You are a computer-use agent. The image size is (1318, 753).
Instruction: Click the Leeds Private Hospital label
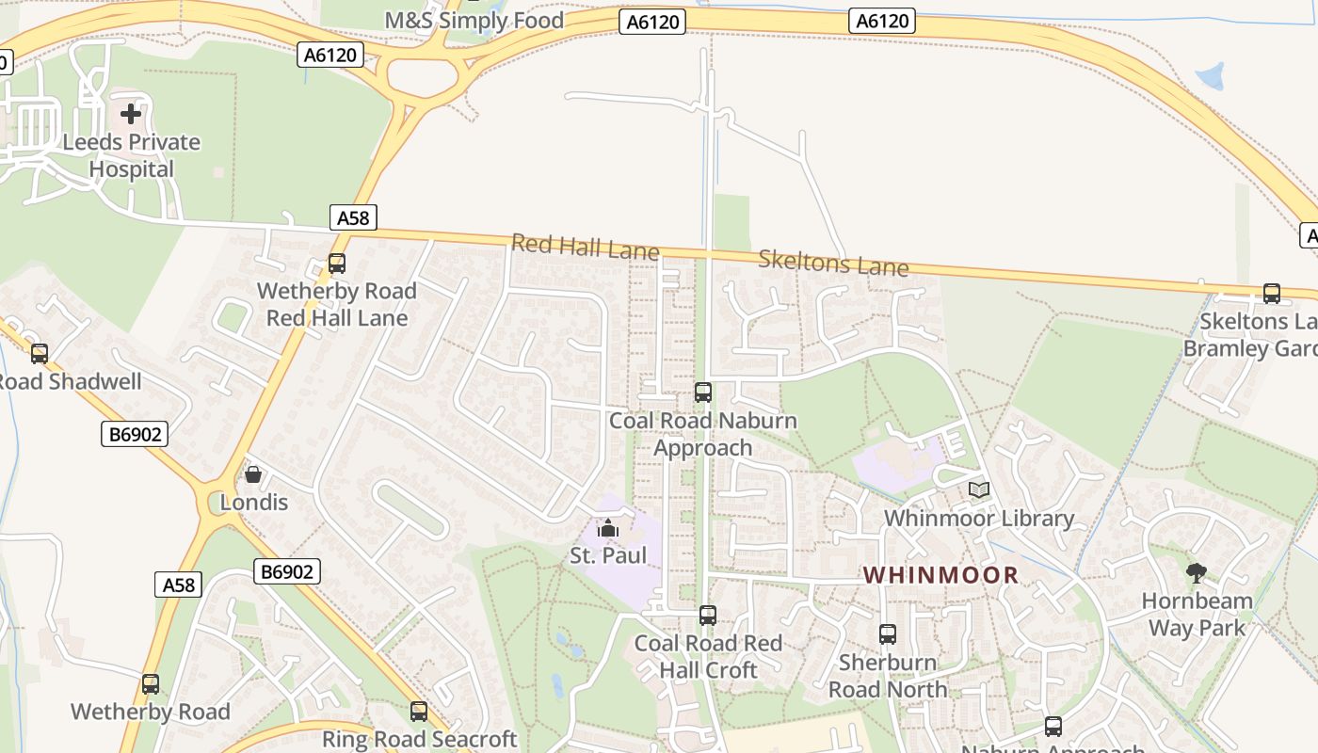(x=132, y=156)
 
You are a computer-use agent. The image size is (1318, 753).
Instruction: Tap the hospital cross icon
(x=131, y=114)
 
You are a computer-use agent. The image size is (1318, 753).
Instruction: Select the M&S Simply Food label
(x=474, y=21)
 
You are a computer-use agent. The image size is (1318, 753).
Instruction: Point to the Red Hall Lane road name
(x=585, y=248)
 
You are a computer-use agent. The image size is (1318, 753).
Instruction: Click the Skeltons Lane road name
(x=833, y=263)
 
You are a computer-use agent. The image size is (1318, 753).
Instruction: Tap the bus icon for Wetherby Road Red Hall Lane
(x=336, y=264)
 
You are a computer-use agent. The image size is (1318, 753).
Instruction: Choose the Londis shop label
(x=253, y=503)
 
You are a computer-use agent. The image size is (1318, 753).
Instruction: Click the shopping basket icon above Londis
(x=252, y=474)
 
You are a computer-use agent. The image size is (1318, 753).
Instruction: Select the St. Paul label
(x=609, y=555)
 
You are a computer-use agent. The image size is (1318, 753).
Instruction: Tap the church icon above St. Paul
(x=609, y=528)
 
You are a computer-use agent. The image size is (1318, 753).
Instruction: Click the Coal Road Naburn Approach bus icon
(x=702, y=393)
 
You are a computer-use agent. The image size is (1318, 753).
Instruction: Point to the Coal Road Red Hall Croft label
(x=708, y=657)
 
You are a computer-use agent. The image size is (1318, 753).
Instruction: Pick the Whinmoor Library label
(x=979, y=519)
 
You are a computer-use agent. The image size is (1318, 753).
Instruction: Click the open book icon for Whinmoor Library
(x=979, y=490)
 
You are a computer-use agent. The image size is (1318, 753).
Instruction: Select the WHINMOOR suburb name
(x=940, y=575)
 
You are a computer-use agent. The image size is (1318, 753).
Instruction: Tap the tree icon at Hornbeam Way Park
(x=1197, y=572)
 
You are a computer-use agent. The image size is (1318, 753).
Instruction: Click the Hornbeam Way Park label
(x=1197, y=615)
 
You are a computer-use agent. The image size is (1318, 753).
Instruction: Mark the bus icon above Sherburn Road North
(x=887, y=634)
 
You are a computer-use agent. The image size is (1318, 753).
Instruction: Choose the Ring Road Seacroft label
(x=420, y=739)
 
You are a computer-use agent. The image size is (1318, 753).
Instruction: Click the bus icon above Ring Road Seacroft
(x=419, y=712)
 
